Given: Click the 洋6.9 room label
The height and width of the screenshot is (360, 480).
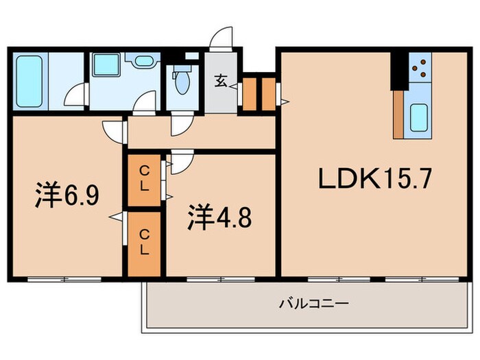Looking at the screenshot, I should (x=68, y=196).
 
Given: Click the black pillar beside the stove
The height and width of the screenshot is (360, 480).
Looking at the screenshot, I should (x=399, y=69).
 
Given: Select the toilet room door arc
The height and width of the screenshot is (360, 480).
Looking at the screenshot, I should (x=181, y=123).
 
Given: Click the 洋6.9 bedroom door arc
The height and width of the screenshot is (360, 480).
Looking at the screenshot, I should (x=111, y=129).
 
